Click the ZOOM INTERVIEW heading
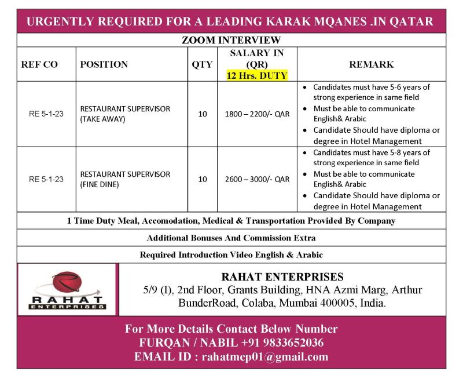231,40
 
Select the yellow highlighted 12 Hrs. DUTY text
257,75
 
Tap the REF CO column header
39,64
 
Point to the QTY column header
202,64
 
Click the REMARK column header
371,64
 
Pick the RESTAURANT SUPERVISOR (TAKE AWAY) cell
125,114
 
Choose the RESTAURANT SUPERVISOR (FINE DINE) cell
125,180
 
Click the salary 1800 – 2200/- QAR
257,114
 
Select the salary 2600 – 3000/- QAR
257,180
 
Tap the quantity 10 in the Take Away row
202,114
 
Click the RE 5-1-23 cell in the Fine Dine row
46,180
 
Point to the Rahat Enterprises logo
68,290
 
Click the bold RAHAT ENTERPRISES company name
282,277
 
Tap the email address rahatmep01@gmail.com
264,356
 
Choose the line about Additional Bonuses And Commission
231,238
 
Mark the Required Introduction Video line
231,254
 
